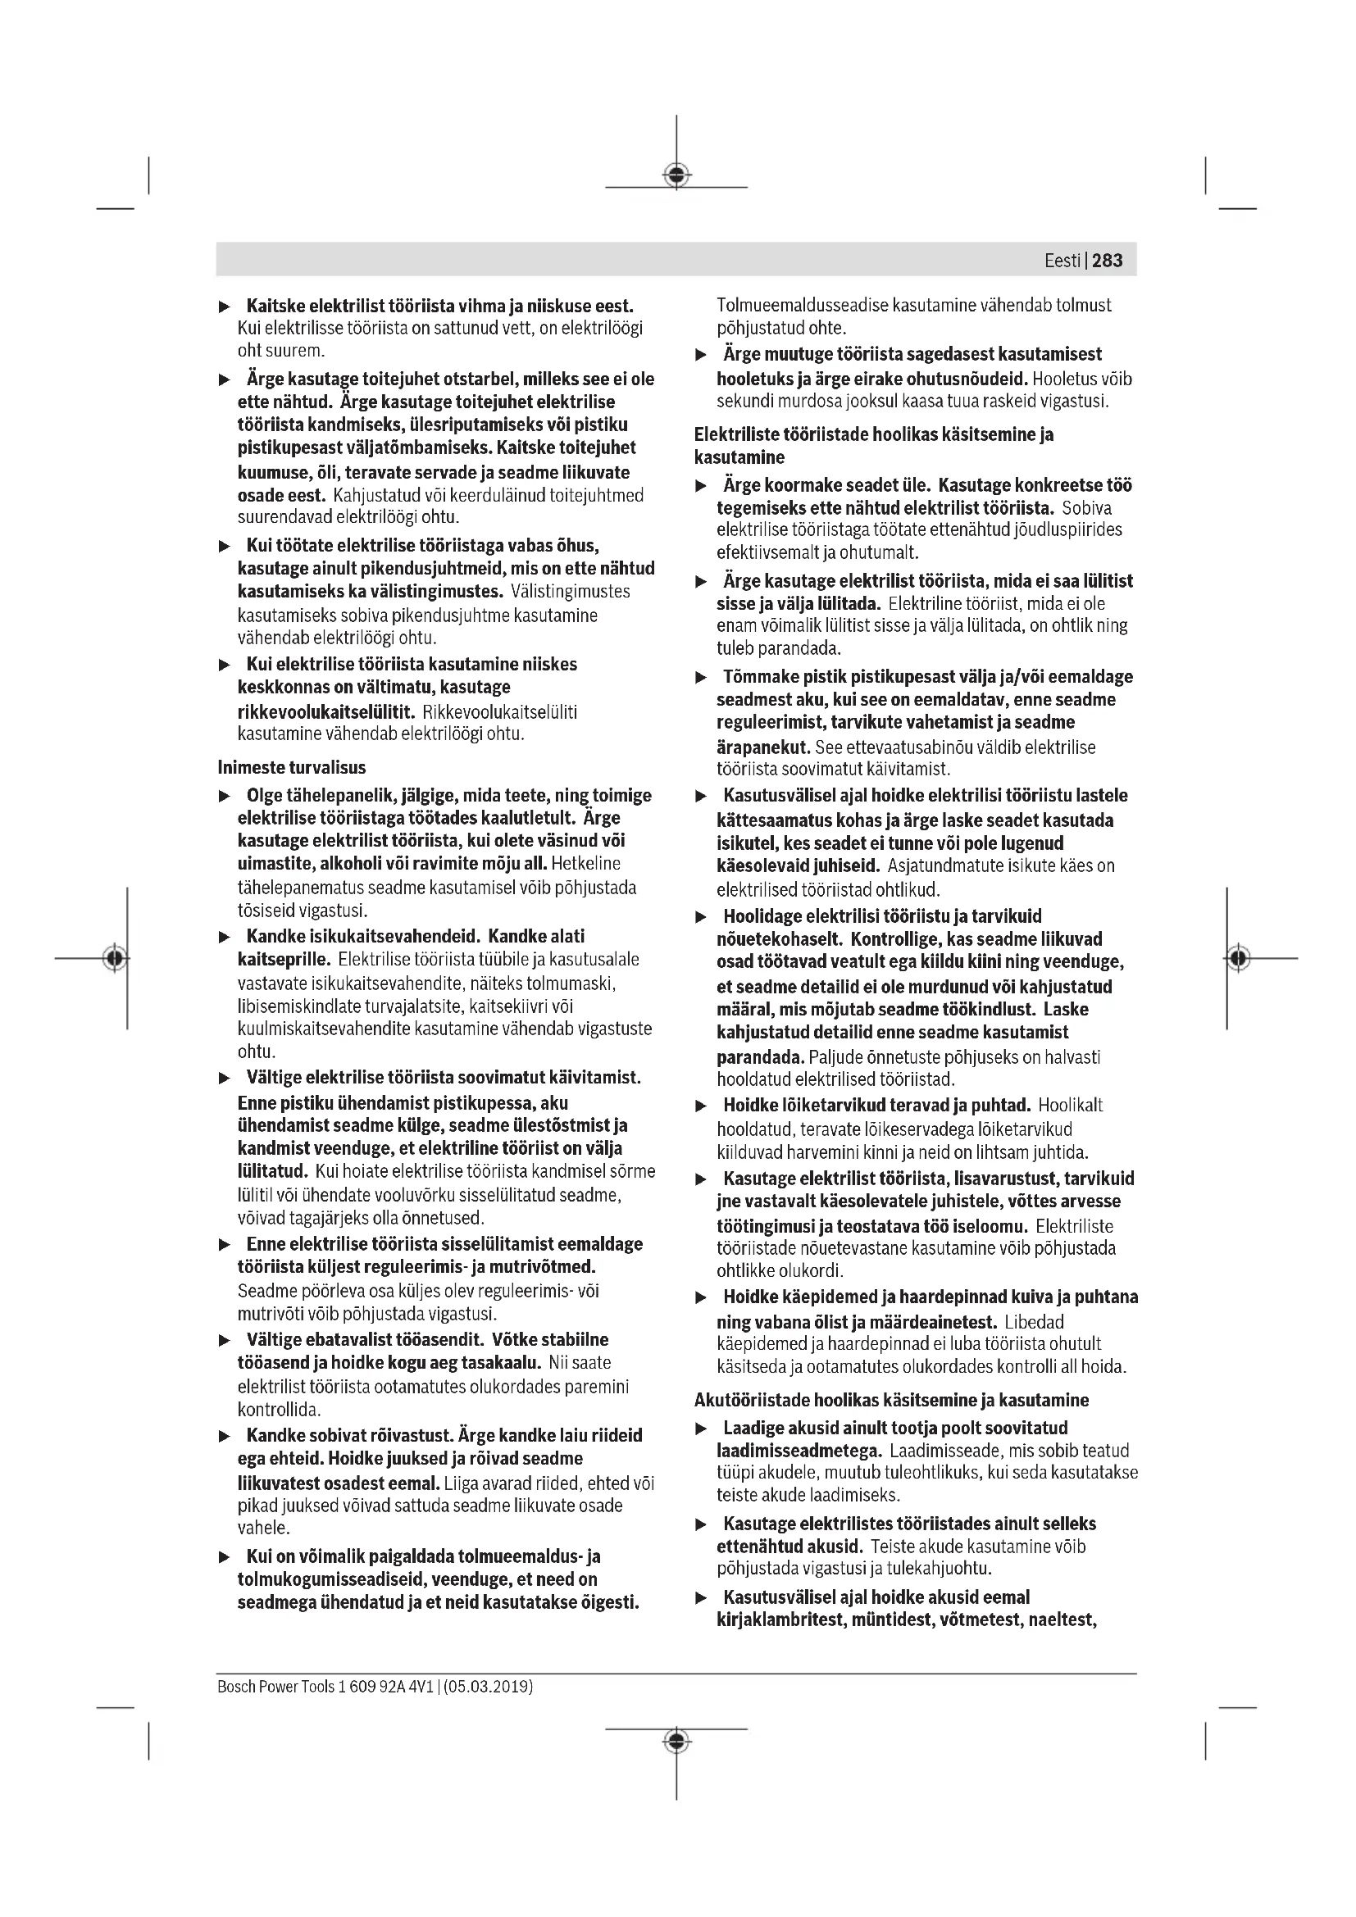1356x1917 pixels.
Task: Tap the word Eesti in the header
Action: point(1062,261)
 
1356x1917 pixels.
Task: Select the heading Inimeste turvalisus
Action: point(291,767)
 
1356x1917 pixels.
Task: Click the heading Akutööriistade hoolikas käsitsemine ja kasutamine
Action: point(892,1400)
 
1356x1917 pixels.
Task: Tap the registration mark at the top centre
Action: point(676,175)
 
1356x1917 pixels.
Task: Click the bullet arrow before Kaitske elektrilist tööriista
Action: point(224,307)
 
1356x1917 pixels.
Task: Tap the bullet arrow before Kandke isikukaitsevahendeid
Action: point(224,938)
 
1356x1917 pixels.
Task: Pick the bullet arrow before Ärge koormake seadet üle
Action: point(702,486)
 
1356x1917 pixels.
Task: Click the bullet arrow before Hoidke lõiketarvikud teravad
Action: point(702,1106)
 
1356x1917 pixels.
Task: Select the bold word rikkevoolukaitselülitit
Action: point(325,712)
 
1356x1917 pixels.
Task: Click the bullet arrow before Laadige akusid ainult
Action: point(702,1429)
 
